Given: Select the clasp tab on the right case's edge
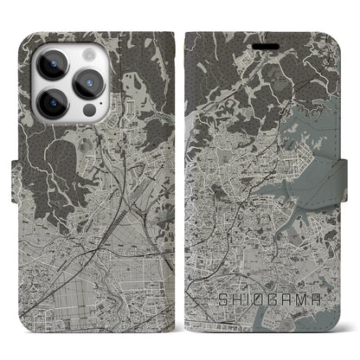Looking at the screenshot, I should coord(354,181).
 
